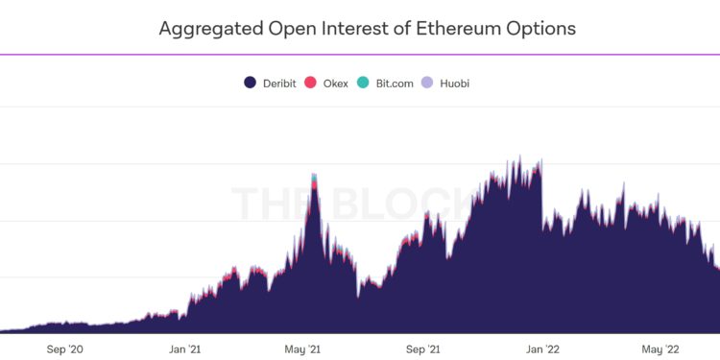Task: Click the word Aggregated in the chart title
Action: click(x=205, y=28)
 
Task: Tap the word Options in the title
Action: click(x=540, y=28)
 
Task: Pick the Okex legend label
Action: click(x=336, y=84)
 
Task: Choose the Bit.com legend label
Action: click(x=394, y=84)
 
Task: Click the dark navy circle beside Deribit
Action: click(x=251, y=84)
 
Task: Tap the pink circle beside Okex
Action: click(x=310, y=84)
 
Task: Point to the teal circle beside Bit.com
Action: click(x=361, y=84)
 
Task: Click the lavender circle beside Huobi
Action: click(x=427, y=84)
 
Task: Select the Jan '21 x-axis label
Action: click(x=183, y=348)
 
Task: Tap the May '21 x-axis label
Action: click(x=302, y=348)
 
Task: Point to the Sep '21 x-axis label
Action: click(x=423, y=348)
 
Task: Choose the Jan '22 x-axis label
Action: click(x=542, y=348)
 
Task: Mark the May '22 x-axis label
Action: click(x=661, y=348)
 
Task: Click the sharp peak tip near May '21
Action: click(x=314, y=174)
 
